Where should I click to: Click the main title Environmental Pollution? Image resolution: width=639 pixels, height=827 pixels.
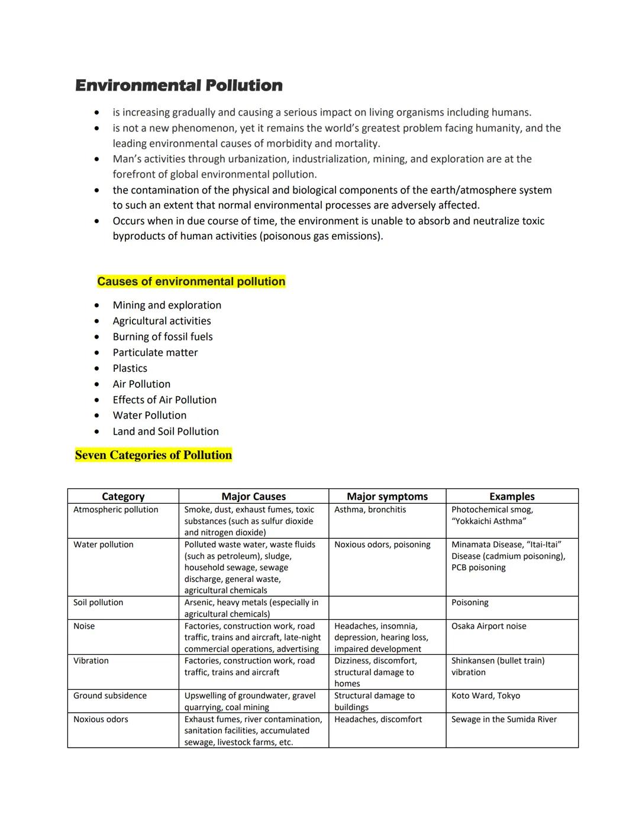179,85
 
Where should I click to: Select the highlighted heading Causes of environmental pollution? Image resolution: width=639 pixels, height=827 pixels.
191,282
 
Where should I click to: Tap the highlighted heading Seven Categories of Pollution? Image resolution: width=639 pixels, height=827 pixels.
153,455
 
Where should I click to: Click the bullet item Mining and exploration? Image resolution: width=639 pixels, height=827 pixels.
167,305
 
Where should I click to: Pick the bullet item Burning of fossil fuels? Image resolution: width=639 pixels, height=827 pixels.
163,337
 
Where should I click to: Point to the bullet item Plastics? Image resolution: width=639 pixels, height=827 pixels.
130,368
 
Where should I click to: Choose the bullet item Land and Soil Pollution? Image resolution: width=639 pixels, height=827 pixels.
166,432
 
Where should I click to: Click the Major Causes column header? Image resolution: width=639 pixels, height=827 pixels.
253,497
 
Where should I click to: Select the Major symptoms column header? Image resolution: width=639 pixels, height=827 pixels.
387,497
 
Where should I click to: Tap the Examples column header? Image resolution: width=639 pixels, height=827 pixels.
512,497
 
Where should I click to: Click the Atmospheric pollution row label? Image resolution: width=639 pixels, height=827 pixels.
116,510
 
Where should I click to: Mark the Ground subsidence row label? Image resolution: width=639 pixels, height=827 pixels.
110,696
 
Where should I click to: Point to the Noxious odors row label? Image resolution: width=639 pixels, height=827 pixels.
101,719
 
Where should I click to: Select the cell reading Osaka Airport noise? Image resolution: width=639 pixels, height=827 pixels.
489,626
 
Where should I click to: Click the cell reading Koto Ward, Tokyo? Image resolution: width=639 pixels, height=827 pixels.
486,696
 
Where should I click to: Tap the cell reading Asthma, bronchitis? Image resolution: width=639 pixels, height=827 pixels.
370,510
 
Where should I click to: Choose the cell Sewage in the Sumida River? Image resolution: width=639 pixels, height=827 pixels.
504,719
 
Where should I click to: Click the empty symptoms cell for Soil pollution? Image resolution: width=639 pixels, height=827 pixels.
387,608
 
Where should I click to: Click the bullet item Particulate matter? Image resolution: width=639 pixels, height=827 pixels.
155,353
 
